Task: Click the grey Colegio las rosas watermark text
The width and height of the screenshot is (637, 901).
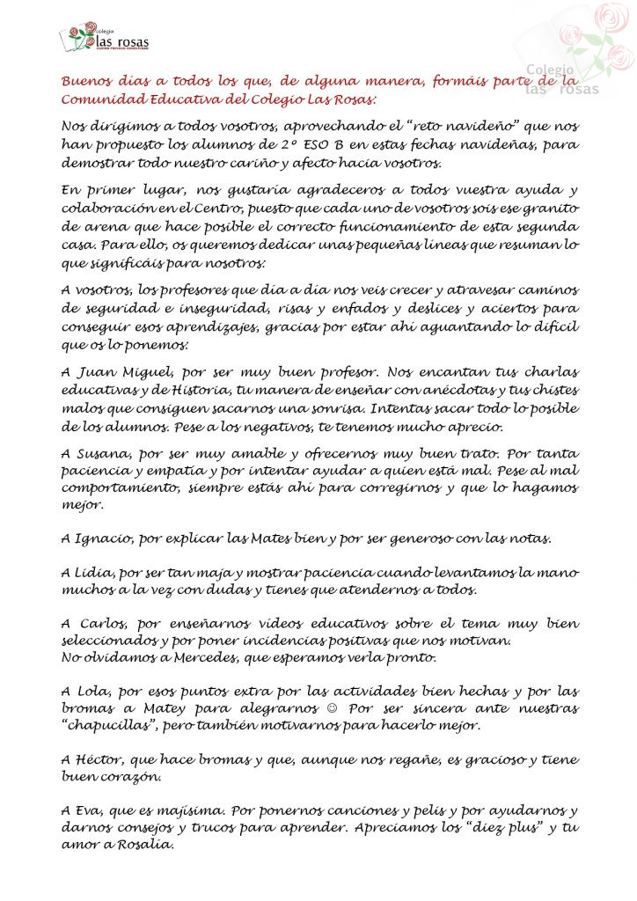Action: coord(562,80)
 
